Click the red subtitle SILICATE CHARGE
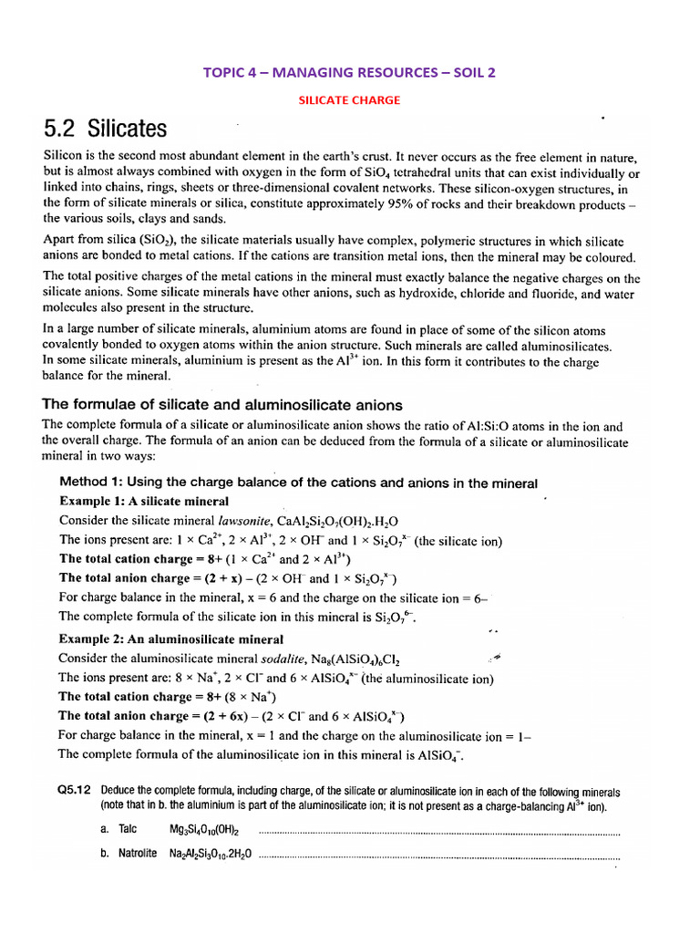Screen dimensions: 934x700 tap(349, 100)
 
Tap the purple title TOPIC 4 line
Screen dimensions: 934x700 tap(350, 71)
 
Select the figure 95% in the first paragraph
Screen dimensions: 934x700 tap(407, 204)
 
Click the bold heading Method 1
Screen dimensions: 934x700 tap(298, 483)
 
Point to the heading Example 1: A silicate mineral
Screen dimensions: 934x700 tap(144, 501)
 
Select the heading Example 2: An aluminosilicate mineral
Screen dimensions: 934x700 tap(171, 638)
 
